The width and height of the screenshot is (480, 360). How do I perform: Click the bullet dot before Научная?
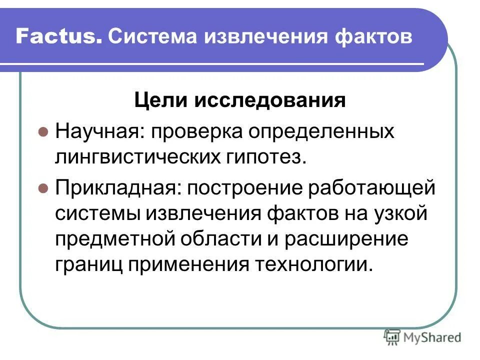pos(43,133)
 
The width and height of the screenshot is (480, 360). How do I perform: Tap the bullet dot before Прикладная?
pos(43,190)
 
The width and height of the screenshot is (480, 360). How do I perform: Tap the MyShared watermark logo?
pos(422,337)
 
